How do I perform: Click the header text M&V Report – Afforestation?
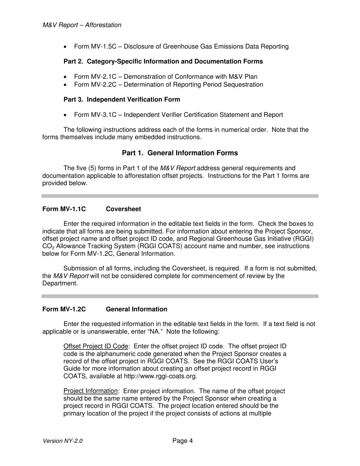[x=82, y=25]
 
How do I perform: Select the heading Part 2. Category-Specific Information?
[x=163, y=61]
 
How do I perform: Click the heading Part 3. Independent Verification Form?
[x=122, y=99]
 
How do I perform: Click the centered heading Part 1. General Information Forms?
[x=180, y=153]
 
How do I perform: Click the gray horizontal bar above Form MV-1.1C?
[x=180, y=196]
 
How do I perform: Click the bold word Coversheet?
[x=123, y=209]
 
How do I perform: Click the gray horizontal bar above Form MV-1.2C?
[x=180, y=296]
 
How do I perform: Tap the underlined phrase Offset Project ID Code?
[x=96, y=347]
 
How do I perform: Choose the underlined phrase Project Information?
[x=91, y=391]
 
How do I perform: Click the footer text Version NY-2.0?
[x=63, y=441]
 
